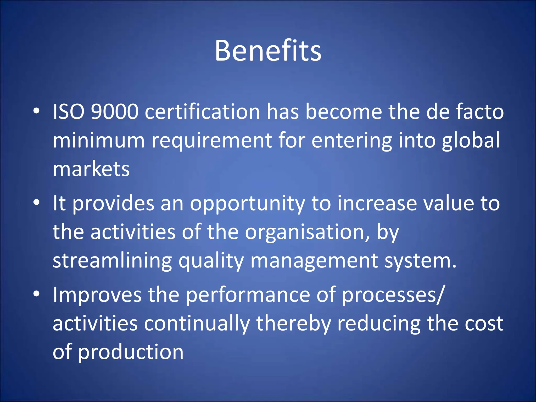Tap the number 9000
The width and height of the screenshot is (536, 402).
click(x=114, y=112)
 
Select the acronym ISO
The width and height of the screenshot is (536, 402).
click(x=69, y=112)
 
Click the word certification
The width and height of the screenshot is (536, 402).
click(x=202, y=112)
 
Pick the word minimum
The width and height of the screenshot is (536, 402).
click(x=99, y=141)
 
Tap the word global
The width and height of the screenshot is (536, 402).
click(x=471, y=141)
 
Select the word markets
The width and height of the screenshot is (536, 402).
click(x=91, y=169)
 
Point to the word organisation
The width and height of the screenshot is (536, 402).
click(x=307, y=232)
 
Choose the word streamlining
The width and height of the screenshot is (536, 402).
click(x=112, y=261)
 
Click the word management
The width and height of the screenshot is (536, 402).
click(x=314, y=261)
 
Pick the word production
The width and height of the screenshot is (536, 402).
click(x=131, y=353)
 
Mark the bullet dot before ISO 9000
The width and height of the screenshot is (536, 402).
click(x=37, y=111)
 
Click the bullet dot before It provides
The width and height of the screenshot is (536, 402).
click(x=37, y=203)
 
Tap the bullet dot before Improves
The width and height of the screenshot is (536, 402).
click(x=37, y=294)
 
